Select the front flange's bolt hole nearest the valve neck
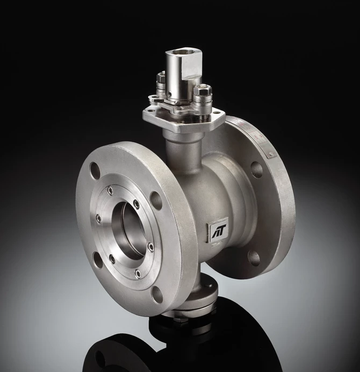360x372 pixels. click(x=156, y=199)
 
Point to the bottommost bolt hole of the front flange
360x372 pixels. click(x=157, y=294)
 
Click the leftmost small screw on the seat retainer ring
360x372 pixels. click(x=98, y=218)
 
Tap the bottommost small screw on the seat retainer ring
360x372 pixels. click(x=138, y=274)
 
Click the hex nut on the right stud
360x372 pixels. click(x=203, y=90)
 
